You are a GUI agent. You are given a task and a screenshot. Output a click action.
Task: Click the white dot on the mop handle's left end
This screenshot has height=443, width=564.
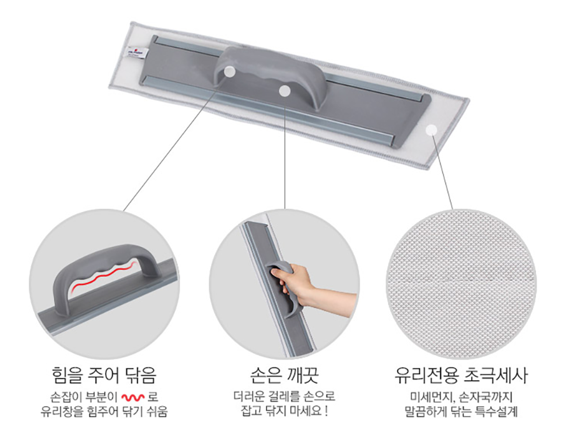point(229,71)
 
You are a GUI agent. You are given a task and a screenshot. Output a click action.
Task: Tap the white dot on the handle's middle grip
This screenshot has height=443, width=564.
point(285,91)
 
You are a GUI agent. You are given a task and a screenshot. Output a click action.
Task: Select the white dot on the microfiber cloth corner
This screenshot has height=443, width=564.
point(431,130)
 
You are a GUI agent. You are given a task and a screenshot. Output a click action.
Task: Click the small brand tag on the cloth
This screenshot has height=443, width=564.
point(136,52)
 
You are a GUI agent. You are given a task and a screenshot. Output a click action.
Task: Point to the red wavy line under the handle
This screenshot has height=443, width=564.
point(104,277)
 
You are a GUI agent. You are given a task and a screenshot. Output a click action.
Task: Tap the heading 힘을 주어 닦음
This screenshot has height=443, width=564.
point(104,375)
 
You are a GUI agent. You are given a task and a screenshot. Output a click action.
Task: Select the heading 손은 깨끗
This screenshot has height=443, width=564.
point(284,375)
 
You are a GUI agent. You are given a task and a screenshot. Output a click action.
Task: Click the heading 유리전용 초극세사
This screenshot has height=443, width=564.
point(461,375)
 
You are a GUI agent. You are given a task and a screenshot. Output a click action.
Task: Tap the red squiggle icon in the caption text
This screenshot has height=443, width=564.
point(133,397)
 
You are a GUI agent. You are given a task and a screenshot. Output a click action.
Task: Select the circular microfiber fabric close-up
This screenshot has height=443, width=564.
point(461,284)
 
